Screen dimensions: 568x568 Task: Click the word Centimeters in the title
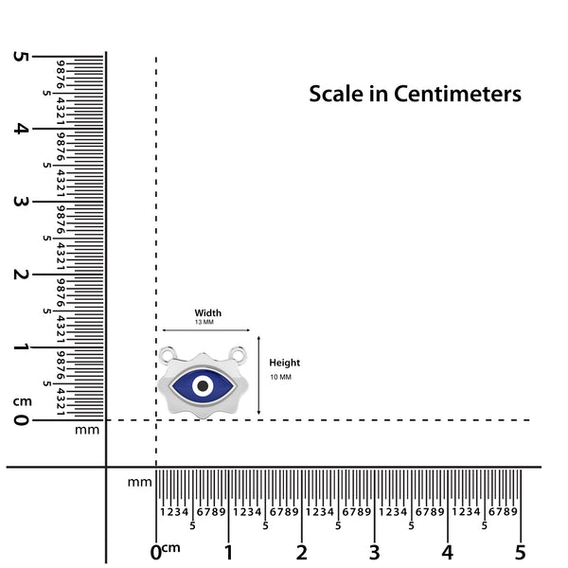(x=457, y=94)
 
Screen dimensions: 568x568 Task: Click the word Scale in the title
(x=336, y=94)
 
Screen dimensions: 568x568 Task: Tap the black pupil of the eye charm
(x=203, y=386)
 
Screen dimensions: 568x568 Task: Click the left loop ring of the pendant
(x=168, y=353)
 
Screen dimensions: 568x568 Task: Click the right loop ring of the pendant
(x=239, y=353)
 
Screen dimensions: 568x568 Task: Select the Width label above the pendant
(x=208, y=312)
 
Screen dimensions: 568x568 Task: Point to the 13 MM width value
(x=204, y=322)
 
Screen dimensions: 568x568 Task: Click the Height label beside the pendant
(x=285, y=363)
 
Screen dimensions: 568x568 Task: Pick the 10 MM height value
(x=281, y=377)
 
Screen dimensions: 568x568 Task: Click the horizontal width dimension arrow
(x=205, y=330)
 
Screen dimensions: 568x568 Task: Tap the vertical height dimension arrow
(x=258, y=375)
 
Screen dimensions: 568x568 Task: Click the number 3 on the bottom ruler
(x=375, y=553)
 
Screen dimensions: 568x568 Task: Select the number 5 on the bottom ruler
(x=521, y=553)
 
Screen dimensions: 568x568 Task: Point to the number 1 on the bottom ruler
(x=228, y=553)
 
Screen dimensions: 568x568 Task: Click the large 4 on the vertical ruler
(x=21, y=129)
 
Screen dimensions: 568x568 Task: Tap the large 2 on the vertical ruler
(x=21, y=275)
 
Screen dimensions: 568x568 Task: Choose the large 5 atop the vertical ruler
(x=21, y=57)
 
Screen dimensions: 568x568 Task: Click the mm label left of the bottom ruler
(x=140, y=482)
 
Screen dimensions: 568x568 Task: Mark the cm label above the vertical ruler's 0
(x=23, y=401)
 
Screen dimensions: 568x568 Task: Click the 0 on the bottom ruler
(x=156, y=553)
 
